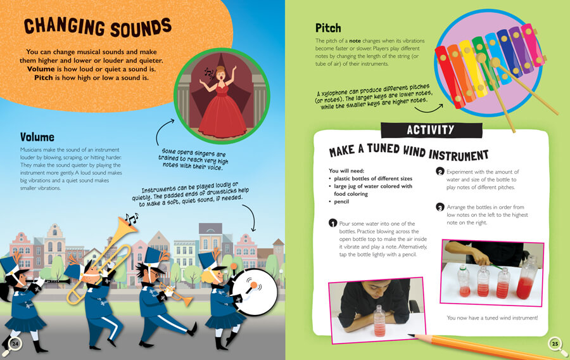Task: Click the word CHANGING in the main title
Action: tap(65, 27)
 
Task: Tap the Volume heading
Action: tap(37, 137)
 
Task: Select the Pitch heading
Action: tap(328, 28)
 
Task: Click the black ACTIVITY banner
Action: tap(431, 130)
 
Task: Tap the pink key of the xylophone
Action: tap(533, 44)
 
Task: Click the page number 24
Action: tap(15, 344)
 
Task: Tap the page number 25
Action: tap(555, 344)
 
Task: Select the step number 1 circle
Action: tap(332, 222)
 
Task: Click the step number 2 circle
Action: tap(440, 171)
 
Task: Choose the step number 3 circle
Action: tap(440, 207)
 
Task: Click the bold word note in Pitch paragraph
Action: tap(355, 41)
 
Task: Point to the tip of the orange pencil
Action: tap(409, 335)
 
